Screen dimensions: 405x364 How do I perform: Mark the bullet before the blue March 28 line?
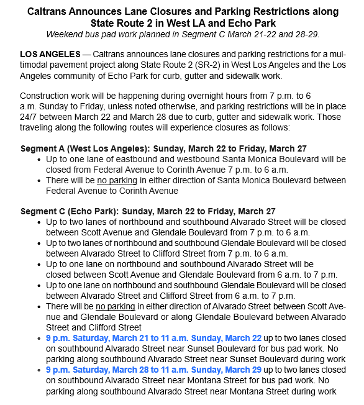pyautogui.click(x=40, y=370)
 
